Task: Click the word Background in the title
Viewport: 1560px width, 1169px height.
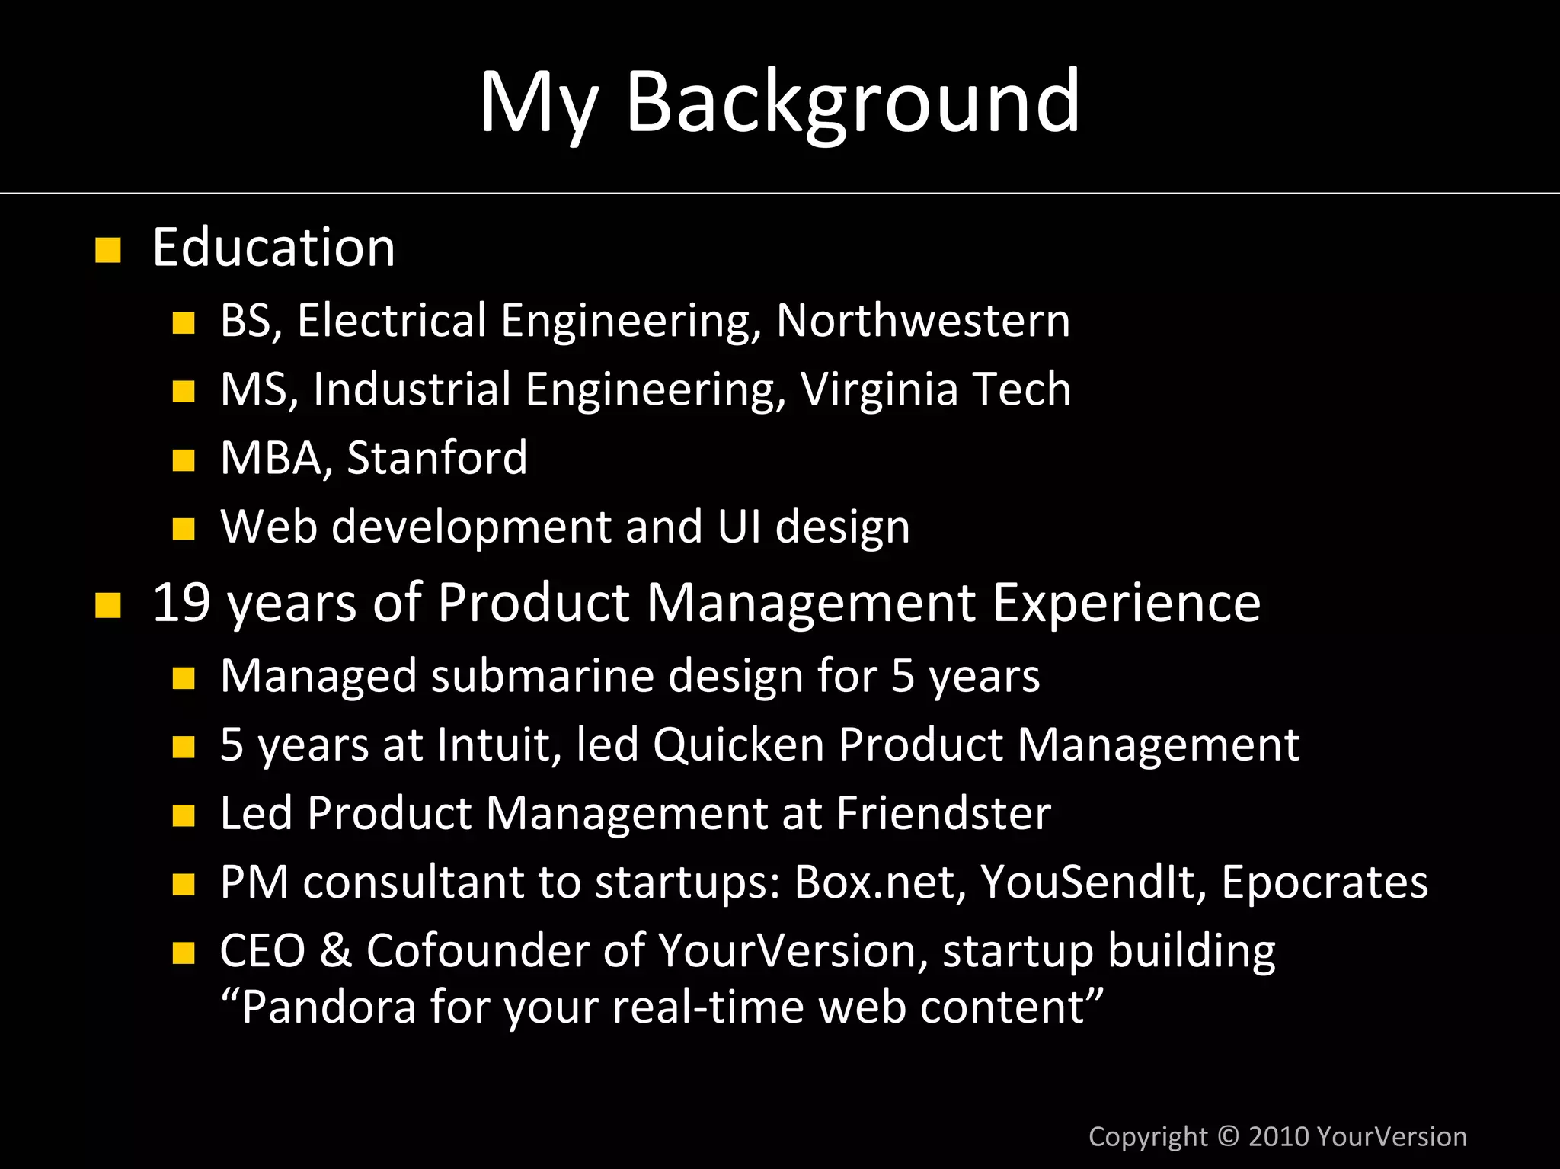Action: (x=852, y=102)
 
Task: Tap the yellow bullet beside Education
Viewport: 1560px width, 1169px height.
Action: (x=108, y=250)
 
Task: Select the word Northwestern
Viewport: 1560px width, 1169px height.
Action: (x=922, y=320)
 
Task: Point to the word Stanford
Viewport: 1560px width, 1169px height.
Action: (x=436, y=458)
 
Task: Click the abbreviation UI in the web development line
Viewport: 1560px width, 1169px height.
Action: (x=738, y=527)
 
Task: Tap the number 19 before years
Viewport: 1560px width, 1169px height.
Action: (x=181, y=603)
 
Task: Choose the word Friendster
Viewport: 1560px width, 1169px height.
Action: (x=943, y=813)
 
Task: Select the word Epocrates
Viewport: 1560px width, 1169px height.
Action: (x=1324, y=882)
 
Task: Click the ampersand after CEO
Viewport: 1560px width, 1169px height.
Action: (x=336, y=951)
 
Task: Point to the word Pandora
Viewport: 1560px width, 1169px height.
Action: (x=328, y=1007)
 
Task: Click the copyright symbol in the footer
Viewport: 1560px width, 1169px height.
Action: (x=1228, y=1136)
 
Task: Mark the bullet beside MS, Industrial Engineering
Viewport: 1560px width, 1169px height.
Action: (x=184, y=392)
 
